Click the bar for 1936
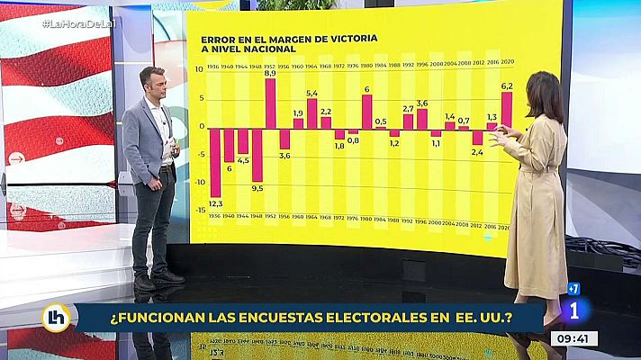coord(215,162)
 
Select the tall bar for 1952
coord(270,103)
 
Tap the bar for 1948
coord(257,154)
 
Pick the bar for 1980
coord(366,112)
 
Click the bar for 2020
coord(507,110)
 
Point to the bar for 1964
coord(311,113)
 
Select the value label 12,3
coord(215,204)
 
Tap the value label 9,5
coord(257,188)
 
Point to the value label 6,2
coord(507,85)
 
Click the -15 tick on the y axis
coord(201,211)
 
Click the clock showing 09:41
coord(573,338)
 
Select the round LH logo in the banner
coord(56,317)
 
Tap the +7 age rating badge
coord(573,289)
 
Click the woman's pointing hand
coord(498,131)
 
